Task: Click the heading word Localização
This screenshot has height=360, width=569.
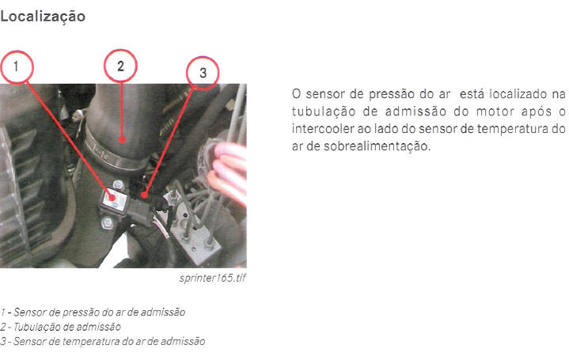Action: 43,17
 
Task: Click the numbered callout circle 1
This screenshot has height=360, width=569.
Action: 17,67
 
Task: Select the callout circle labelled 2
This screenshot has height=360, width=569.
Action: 120,66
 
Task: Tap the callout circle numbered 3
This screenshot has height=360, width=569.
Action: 203,73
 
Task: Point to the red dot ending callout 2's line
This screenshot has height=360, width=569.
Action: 122,140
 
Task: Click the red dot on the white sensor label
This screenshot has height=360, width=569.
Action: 112,198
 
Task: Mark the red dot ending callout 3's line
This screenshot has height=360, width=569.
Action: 145,195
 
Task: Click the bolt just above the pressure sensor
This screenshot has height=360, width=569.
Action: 118,185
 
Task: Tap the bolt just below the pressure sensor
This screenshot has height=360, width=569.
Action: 108,223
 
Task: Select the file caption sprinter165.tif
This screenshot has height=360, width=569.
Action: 213,279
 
